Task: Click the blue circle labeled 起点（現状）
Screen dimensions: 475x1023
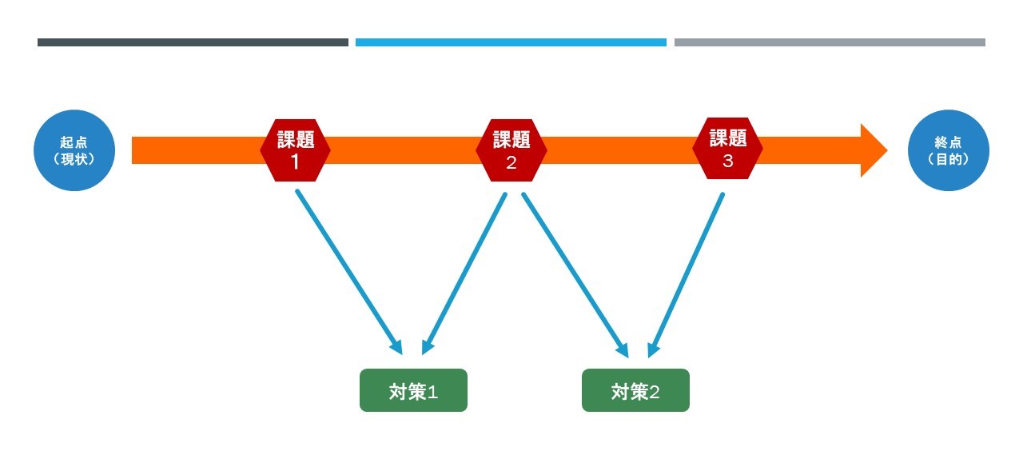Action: [x=74, y=150]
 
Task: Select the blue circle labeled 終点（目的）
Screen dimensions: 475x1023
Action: [x=949, y=150]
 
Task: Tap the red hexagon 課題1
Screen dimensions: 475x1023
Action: [x=295, y=150]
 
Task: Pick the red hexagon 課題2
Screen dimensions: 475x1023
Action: [x=511, y=150]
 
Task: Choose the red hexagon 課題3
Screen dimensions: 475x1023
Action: [x=727, y=149]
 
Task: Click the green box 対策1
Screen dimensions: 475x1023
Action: [x=413, y=390]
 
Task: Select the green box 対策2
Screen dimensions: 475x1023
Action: [x=635, y=390]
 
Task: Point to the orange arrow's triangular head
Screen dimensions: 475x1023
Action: [x=872, y=150]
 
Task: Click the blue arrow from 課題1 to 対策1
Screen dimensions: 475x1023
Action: [x=348, y=271]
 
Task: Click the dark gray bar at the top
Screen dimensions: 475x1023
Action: [x=193, y=42]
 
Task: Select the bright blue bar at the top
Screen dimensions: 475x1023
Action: [x=511, y=42]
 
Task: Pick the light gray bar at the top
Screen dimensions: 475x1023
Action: [x=830, y=42]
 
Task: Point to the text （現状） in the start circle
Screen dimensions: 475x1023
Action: [x=74, y=159]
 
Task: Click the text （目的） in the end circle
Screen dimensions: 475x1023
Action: [x=949, y=159]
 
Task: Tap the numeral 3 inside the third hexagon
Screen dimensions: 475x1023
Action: [x=727, y=161]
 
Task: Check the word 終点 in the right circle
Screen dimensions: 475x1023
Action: [x=949, y=142]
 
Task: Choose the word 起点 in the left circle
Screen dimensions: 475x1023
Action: [x=74, y=142]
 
